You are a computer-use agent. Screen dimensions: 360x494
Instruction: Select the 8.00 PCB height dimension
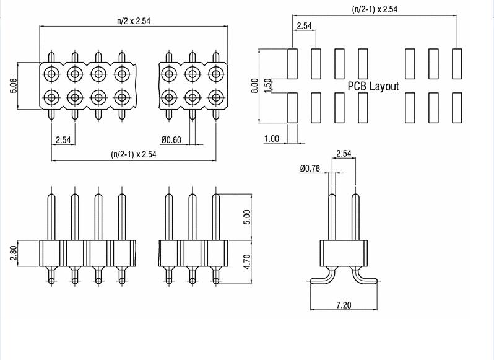point(254,86)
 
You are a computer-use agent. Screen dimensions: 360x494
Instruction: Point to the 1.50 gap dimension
point(267,86)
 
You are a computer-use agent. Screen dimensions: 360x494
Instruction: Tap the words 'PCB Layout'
point(373,87)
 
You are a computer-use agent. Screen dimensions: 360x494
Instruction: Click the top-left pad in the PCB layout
point(293,63)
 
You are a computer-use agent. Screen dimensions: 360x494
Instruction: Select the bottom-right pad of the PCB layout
point(457,107)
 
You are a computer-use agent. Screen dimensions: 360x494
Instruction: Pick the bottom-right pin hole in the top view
point(215,97)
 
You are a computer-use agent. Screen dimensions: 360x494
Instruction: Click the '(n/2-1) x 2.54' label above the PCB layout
point(374,9)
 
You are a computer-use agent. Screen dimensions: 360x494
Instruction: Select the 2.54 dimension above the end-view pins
point(345,153)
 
